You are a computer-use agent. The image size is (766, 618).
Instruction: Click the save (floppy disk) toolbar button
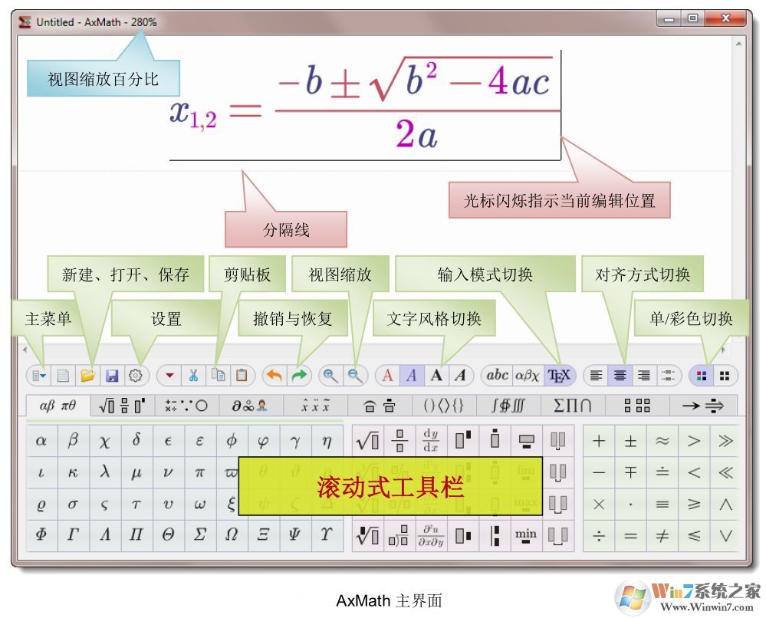[112, 376]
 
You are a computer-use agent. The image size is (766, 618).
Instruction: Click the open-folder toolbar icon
[87, 376]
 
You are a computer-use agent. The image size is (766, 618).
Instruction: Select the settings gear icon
[136, 376]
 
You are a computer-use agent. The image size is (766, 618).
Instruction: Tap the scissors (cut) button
[193, 376]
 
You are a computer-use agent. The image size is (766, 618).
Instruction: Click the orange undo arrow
[274, 376]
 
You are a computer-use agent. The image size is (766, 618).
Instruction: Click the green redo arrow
[299, 376]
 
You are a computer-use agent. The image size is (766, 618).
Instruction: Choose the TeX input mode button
[560, 376]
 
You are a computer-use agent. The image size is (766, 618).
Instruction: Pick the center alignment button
[620, 376]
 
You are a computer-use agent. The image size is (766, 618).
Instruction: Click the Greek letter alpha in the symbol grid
[41, 441]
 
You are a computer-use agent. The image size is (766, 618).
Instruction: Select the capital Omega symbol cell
[232, 535]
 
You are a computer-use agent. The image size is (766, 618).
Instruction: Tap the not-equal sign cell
[662, 536]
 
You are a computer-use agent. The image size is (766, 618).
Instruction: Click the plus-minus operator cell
[630, 441]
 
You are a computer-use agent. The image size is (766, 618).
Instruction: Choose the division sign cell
[599, 536]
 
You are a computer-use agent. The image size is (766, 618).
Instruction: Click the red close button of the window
[724, 19]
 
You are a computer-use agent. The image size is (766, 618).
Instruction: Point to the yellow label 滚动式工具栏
[390, 486]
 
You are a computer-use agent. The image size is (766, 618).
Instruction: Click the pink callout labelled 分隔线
[285, 229]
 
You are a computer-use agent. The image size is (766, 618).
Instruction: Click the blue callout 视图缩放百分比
[103, 79]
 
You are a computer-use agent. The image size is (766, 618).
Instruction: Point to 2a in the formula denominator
[416, 135]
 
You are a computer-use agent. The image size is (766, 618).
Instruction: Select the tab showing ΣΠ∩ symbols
[573, 406]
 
